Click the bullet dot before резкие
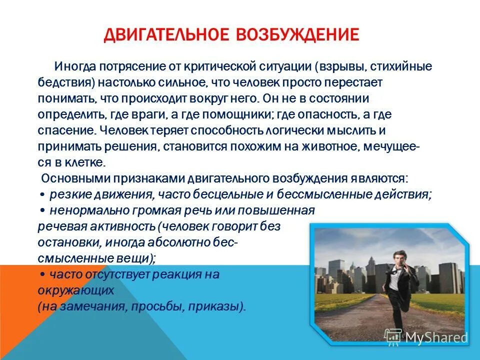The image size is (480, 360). [42, 195]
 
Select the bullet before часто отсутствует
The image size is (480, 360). [42, 274]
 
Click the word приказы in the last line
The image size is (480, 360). [223, 306]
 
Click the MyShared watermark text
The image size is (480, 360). [436, 338]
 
